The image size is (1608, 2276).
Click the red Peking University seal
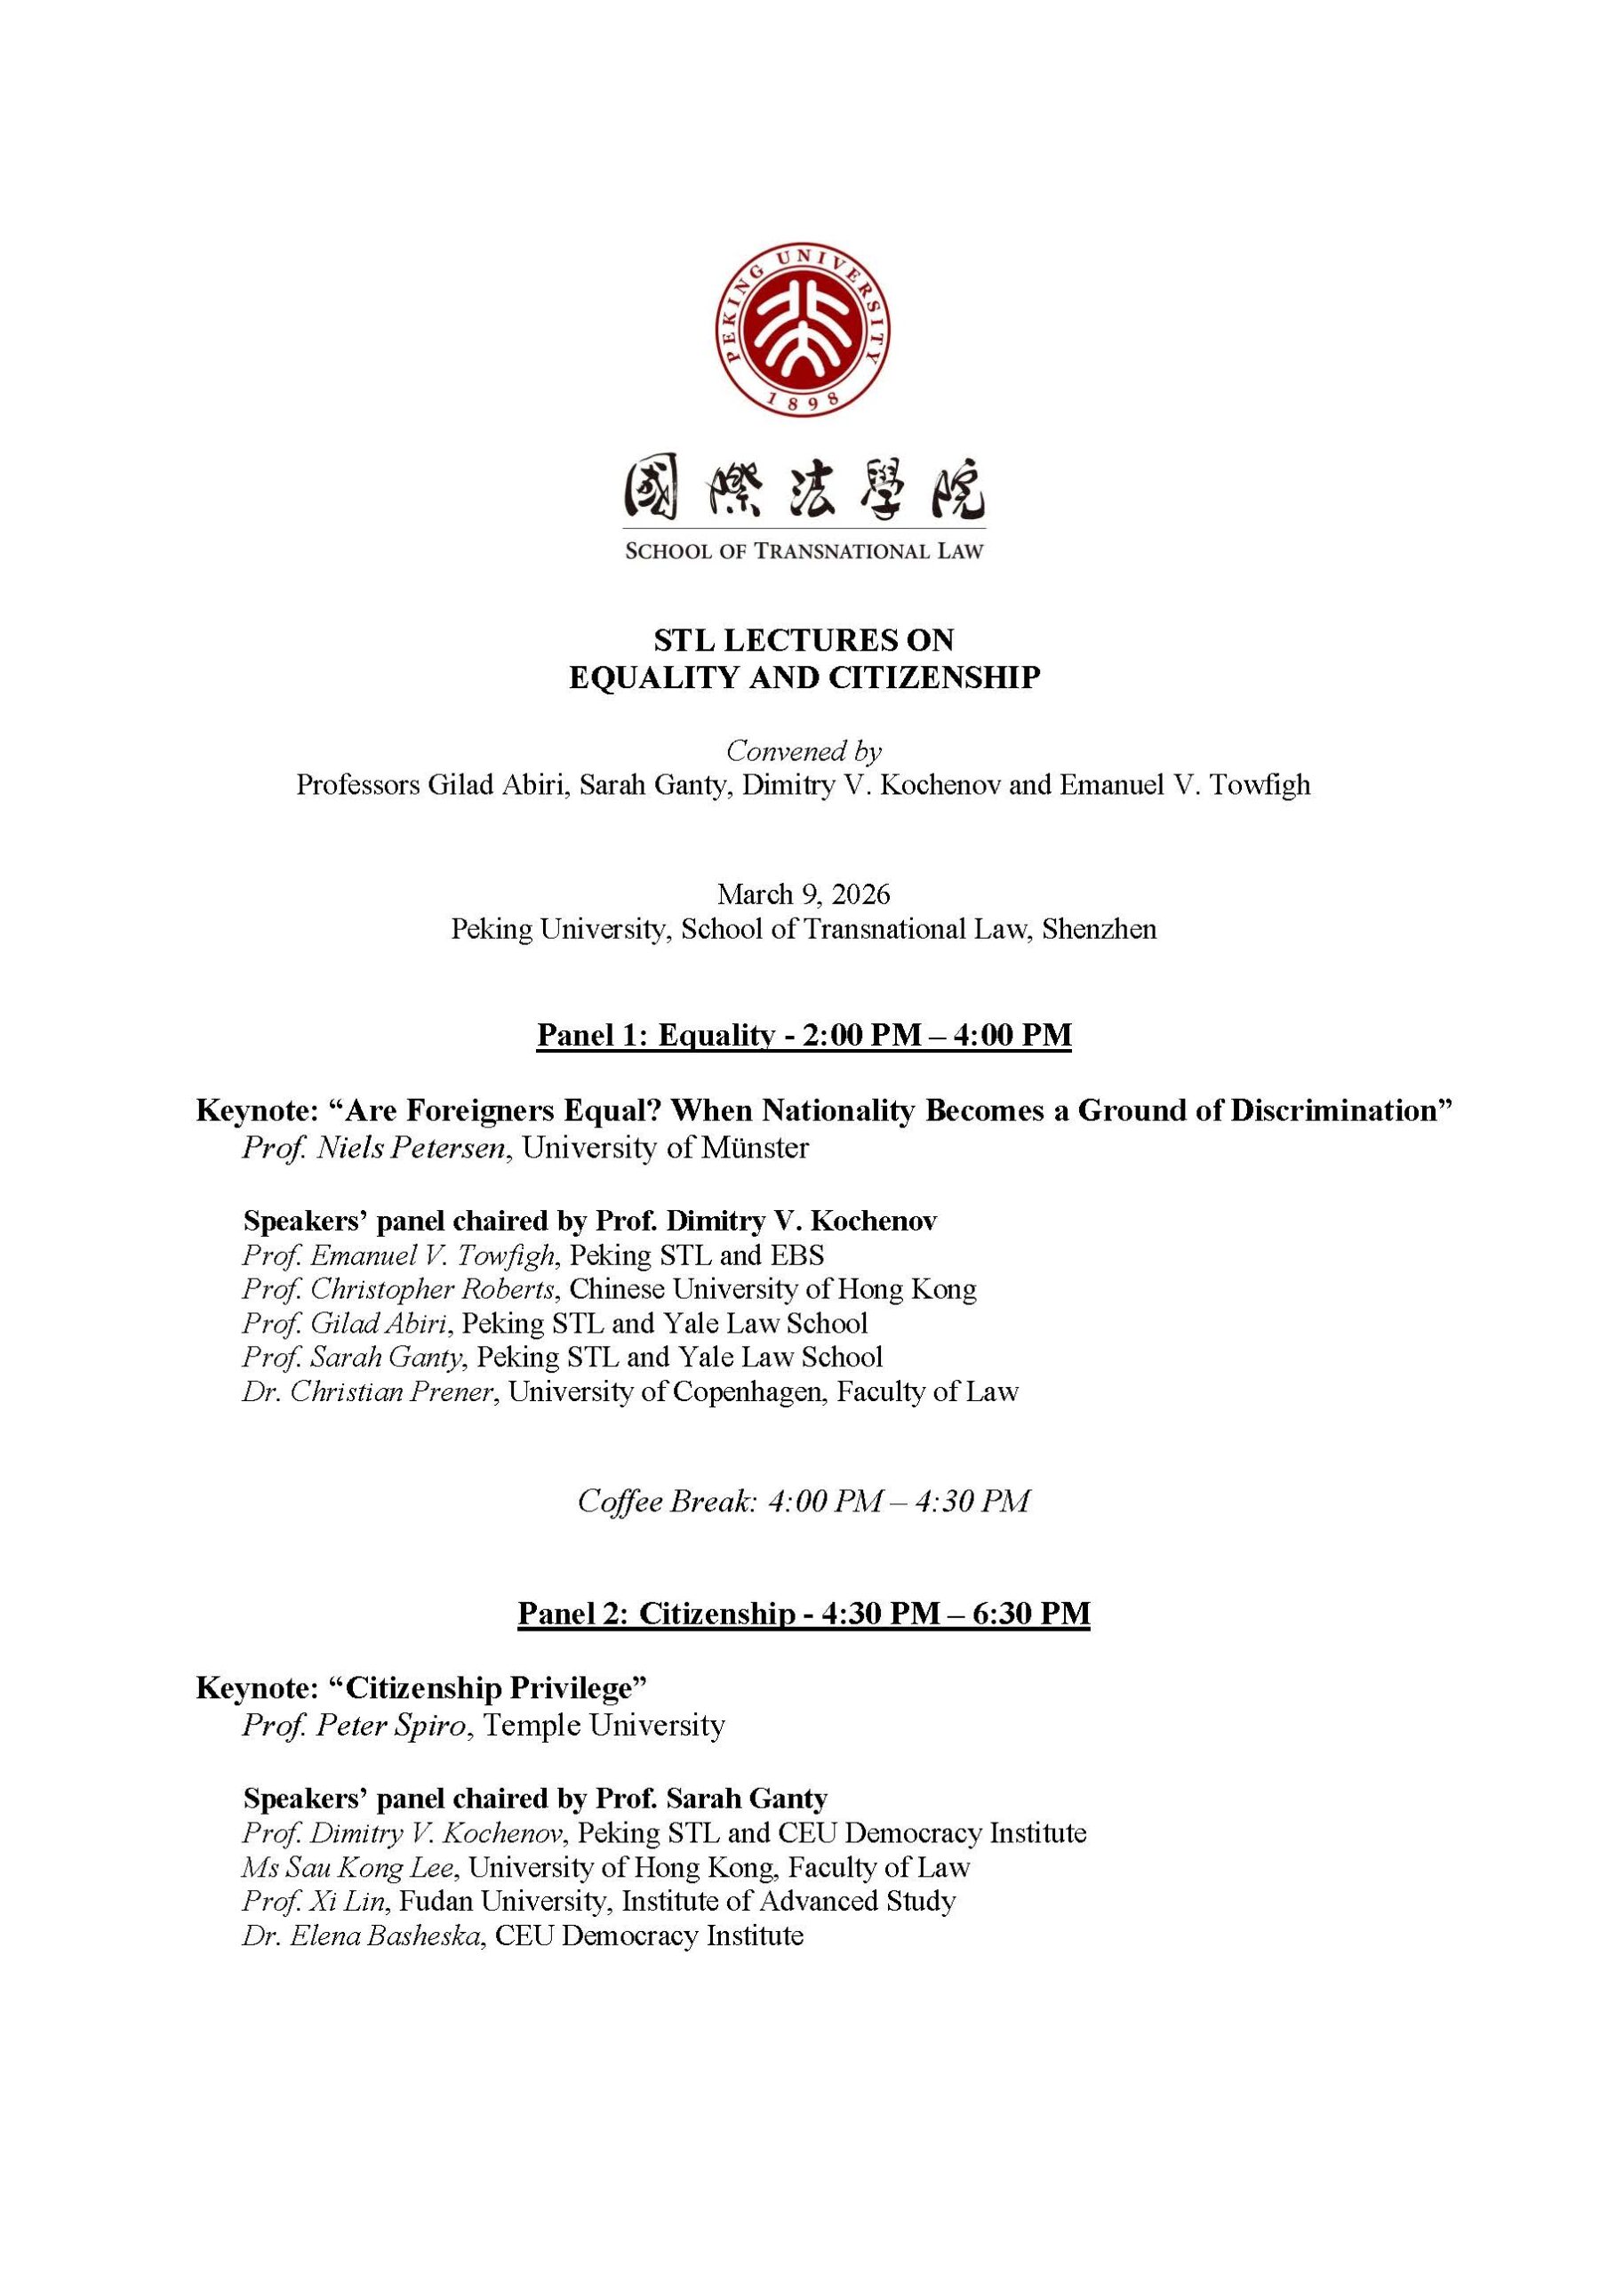[x=803, y=329]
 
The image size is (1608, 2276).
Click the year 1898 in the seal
[x=803, y=399]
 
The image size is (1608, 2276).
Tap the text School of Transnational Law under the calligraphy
[x=803, y=551]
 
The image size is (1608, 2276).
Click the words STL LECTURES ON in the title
[x=803, y=640]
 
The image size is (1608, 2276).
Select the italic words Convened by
[x=803, y=750]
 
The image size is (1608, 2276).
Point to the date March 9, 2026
[x=803, y=894]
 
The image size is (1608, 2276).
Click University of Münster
[x=665, y=1148]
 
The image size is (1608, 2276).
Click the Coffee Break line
[x=803, y=1501]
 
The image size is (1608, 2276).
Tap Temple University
[x=604, y=1725]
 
